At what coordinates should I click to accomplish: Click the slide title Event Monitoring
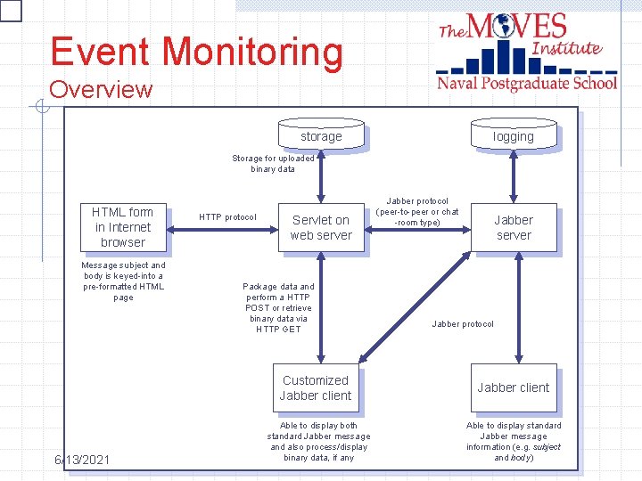coord(196,52)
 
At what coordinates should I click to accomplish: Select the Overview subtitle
coord(101,90)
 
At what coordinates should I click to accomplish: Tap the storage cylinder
coord(321,135)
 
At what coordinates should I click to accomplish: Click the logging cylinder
coord(513,135)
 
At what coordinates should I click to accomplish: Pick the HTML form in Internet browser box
coord(123,227)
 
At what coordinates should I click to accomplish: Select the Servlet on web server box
coord(321,228)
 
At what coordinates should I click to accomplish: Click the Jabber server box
coord(514,227)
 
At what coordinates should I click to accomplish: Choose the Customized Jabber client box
coord(316,387)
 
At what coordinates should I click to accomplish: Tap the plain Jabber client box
coord(514,387)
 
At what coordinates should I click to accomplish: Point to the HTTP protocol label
coord(227,217)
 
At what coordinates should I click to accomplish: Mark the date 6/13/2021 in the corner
coord(81,460)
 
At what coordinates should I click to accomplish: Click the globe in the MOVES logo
coord(502,26)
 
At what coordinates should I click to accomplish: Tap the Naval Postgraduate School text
coord(527,83)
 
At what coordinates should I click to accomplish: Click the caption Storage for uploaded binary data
coord(273,164)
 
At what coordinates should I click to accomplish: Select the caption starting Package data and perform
coord(278,308)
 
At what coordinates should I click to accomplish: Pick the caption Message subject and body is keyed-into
coord(123,281)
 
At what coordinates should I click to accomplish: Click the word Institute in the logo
coord(567,47)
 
